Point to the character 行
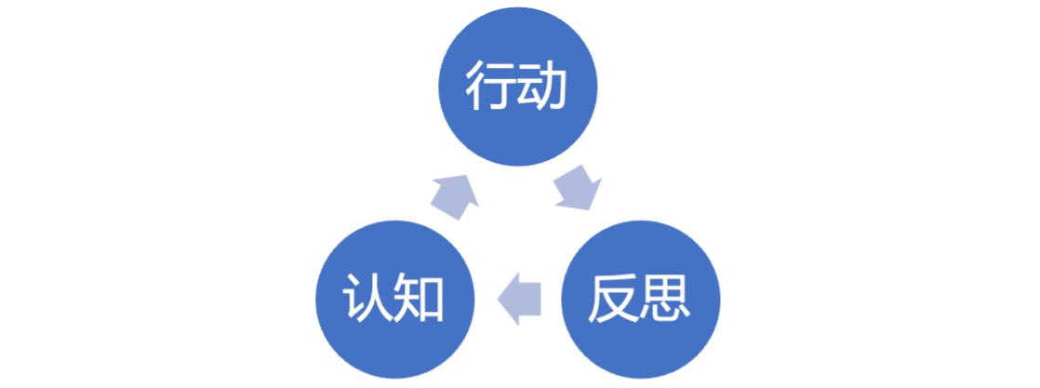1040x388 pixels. pos(490,88)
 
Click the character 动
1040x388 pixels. pos(545,88)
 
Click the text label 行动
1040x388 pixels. pos(518,88)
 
